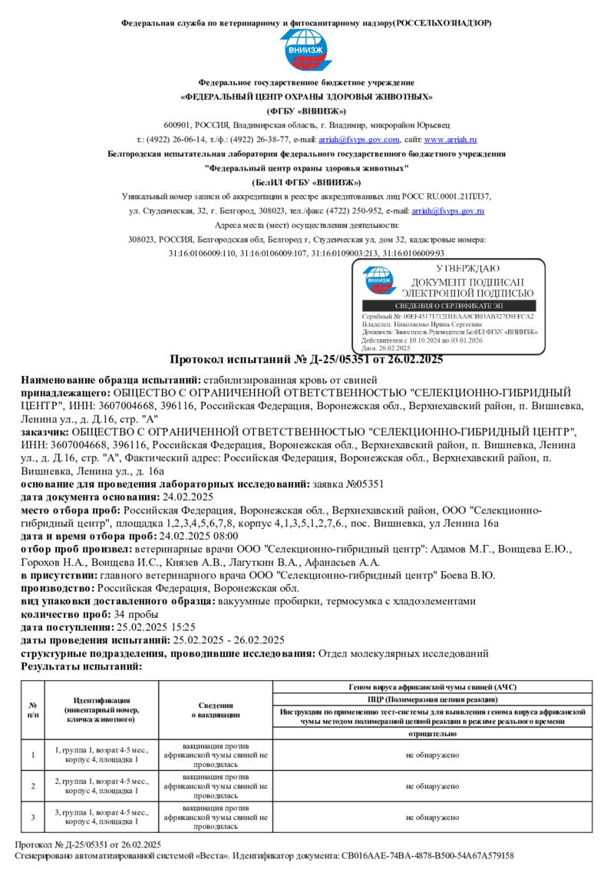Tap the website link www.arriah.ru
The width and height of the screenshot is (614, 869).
[x=451, y=140]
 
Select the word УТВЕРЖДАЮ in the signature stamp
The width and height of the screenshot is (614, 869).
[x=467, y=269]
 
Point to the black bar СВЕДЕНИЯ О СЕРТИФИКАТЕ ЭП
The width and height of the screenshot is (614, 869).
[x=448, y=306]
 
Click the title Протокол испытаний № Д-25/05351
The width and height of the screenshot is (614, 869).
[x=305, y=359]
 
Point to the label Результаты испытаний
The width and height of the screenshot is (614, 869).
[x=81, y=666]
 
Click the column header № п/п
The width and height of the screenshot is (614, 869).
[x=33, y=709]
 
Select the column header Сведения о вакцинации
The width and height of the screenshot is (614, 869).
[x=216, y=709]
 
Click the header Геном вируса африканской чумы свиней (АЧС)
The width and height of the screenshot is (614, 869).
[x=433, y=686]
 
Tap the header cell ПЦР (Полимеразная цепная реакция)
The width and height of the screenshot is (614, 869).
[x=433, y=699]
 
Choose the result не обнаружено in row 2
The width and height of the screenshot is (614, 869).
[x=433, y=786]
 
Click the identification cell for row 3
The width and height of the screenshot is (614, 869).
[x=101, y=817]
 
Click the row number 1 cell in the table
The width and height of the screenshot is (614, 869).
[x=33, y=755]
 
